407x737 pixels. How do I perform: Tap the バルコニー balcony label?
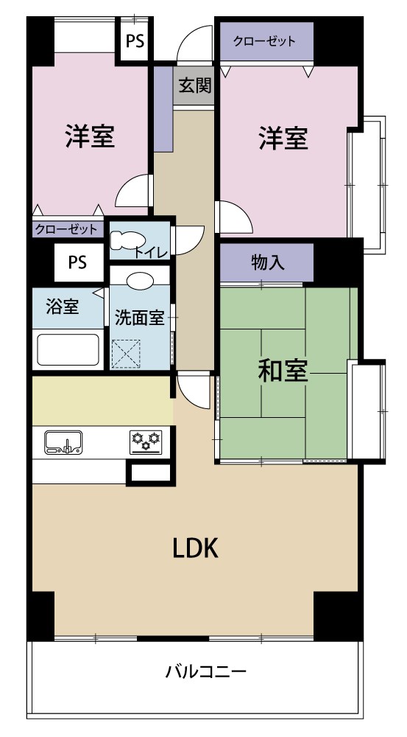click(205, 671)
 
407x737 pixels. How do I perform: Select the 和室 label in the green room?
click(282, 371)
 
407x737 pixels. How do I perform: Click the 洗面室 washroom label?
click(139, 318)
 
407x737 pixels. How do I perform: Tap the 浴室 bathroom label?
click(63, 307)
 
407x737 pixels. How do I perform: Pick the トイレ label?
click(152, 252)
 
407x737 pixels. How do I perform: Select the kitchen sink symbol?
click(63, 442)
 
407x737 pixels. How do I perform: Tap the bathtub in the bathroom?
click(68, 349)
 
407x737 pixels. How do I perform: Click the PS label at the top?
click(135, 41)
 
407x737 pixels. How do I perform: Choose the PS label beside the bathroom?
click(77, 262)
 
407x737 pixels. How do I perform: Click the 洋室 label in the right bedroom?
click(283, 138)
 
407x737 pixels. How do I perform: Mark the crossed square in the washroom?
click(126, 353)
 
